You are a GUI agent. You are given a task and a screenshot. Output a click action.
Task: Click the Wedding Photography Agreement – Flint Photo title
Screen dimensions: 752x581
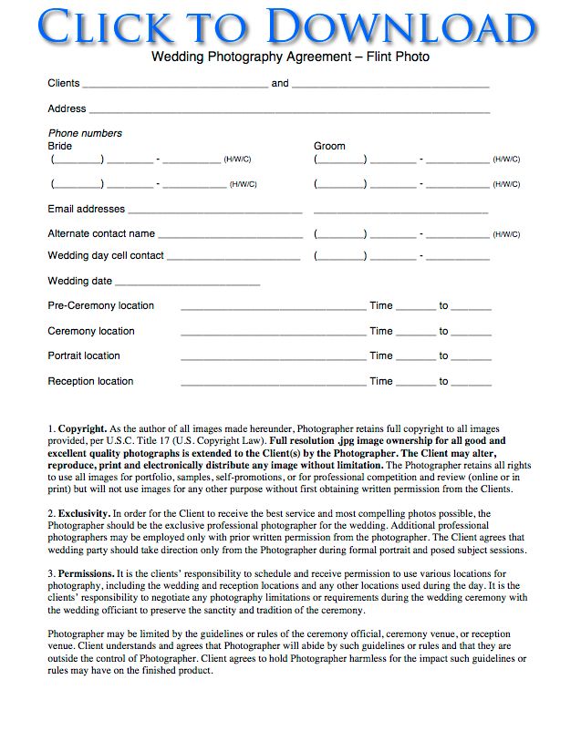[x=290, y=57]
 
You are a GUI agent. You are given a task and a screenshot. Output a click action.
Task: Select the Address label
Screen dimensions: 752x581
[x=67, y=108]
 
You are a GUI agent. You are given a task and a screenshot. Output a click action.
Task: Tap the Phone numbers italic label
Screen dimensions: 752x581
[x=85, y=133]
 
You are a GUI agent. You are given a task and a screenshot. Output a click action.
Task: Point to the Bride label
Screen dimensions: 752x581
[x=59, y=146]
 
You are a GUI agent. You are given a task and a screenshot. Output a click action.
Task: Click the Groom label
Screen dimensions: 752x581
[x=329, y=146]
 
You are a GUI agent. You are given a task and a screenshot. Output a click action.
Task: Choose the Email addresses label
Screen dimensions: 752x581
[x=87, y=209]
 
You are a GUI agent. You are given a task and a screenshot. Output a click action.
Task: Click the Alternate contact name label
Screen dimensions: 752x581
[x=101, y=233]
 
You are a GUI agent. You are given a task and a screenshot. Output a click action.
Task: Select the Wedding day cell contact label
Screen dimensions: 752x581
[x=106, y=256]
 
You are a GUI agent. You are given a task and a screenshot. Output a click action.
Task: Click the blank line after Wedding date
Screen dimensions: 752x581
[x=187, y=283]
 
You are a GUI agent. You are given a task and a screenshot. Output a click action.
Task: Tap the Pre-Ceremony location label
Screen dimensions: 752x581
[x=101, y=305]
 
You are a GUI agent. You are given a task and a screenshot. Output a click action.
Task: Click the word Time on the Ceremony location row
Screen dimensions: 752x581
[x=380, y=331]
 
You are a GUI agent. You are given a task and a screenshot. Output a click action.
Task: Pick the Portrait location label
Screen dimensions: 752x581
[x=84, y=355]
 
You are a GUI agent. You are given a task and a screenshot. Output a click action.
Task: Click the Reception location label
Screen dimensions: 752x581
[x=90, y=381]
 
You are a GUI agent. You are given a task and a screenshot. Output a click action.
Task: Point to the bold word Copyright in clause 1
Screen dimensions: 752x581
[x=83, y=428]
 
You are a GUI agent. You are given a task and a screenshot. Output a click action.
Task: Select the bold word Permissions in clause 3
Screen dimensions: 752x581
[x=87, y=573]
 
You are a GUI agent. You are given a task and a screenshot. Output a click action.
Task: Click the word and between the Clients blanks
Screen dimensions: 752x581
[x=280, y=83]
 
